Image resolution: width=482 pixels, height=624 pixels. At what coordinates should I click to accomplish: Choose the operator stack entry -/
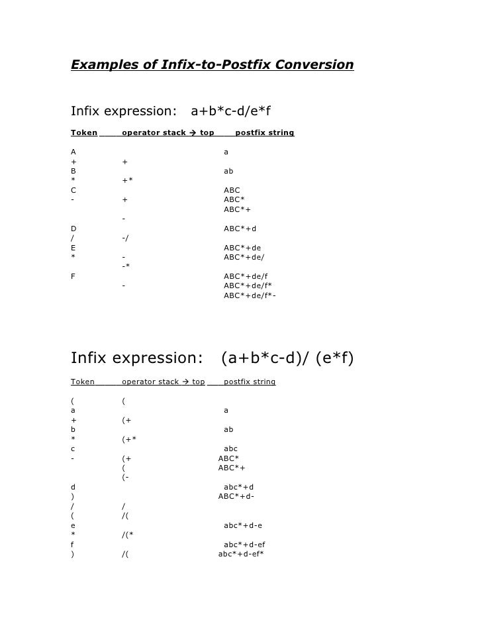point(125,238)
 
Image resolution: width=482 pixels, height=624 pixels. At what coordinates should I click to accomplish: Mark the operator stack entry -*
point(125,267)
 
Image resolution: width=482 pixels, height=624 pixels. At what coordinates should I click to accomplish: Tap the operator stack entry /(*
point(128,534)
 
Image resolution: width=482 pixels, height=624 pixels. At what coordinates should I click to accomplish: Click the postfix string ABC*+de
point(242,248)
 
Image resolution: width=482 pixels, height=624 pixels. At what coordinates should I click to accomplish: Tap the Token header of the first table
point(83,133)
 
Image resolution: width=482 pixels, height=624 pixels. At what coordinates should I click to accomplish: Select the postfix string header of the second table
point(250,382)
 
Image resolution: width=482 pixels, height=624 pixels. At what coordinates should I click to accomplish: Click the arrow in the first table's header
point(192,133)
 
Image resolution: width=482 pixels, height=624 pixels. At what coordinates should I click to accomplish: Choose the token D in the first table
point(73,229)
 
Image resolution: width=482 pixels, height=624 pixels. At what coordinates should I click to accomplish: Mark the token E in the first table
point(73,248)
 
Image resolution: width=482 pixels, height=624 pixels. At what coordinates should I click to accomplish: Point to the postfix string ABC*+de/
point(244,257)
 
